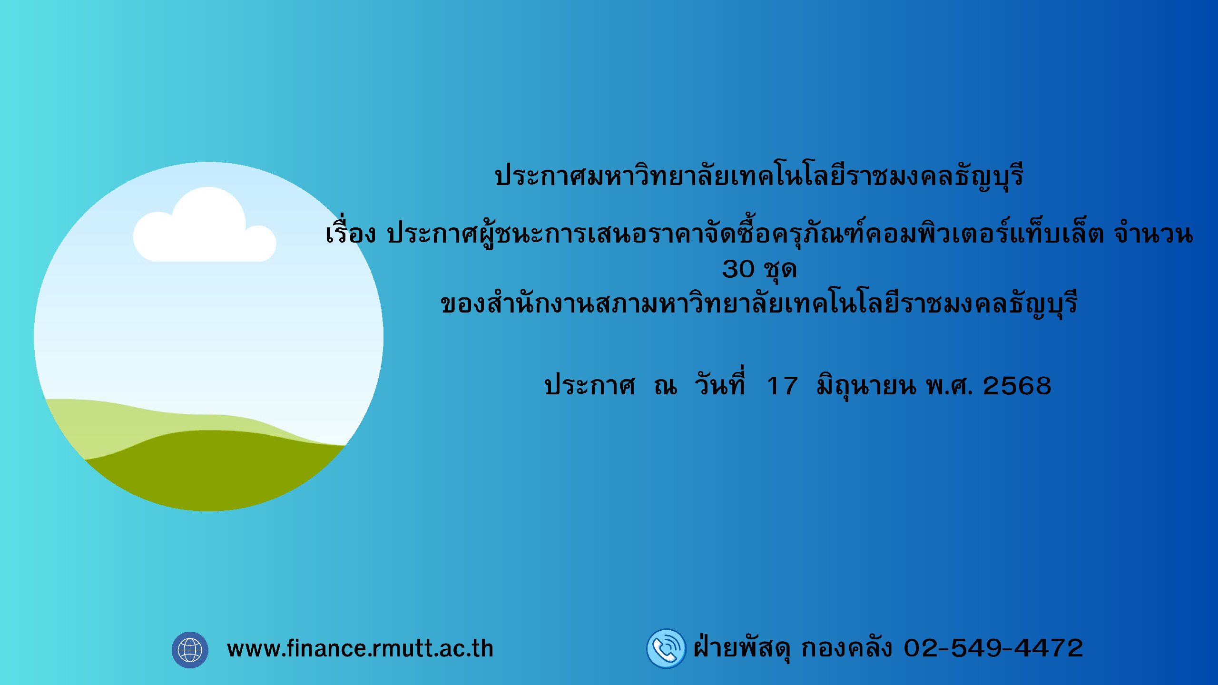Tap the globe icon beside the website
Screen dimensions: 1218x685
(190, 650)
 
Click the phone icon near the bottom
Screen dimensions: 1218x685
(666, 648)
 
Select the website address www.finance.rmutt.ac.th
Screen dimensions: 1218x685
(360, 649)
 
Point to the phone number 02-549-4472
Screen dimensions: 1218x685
(993, 648)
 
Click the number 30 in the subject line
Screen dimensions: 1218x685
(738, 269)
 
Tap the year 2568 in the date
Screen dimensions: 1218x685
(1017, 386)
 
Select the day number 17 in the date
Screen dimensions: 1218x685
(782, 386)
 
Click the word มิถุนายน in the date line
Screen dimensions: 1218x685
(866, 385)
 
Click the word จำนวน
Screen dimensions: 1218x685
(1153, 234)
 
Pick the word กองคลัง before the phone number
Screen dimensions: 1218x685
(846, 648)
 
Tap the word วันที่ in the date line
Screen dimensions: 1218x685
(719, 383)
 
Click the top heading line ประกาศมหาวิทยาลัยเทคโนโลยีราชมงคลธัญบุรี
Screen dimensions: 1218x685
(759, 175)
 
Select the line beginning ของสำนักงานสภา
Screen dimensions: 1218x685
(759, 303)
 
